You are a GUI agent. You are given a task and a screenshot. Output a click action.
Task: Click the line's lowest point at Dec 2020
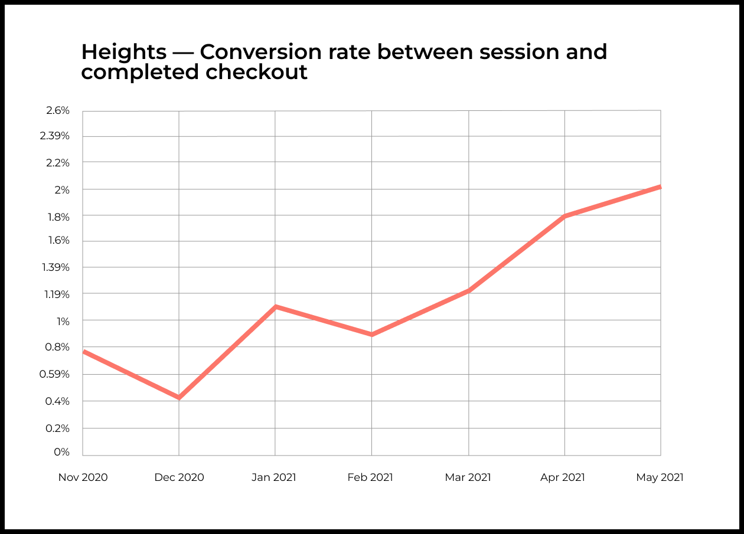click(179, 398)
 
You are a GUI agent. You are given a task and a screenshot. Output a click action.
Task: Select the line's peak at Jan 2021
click(275, 306)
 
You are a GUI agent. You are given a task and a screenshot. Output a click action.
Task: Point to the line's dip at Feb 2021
click(371, 335)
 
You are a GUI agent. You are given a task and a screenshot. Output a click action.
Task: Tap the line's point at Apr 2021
click(565, 216)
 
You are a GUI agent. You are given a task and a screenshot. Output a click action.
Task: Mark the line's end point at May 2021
click(660, 187)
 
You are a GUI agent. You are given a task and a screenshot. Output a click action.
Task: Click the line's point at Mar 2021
click(468, 290)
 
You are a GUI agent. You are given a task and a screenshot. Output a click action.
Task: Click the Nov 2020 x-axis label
click(83, 477)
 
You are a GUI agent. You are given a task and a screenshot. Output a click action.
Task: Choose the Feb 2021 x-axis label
click(370, 477)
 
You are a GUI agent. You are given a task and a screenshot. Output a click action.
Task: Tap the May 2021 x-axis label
click(660, 477)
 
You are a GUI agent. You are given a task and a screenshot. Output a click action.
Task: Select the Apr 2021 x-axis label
click(563, 477)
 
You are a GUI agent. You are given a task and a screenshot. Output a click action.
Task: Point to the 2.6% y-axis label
click(57, 110)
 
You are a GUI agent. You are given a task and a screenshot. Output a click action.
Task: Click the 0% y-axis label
click(61, 452)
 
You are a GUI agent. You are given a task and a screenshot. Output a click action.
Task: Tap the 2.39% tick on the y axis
click(56, 136)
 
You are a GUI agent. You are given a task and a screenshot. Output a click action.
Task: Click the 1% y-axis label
click(63, 321)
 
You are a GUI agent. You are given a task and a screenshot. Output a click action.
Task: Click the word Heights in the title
click(124, 52)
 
